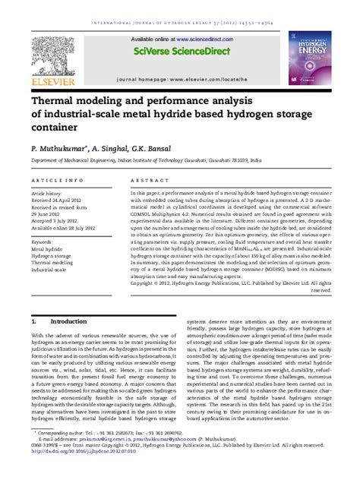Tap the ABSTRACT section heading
tap(144, 180)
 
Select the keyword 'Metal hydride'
tap(48, 248)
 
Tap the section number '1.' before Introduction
tap(35, 322)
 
